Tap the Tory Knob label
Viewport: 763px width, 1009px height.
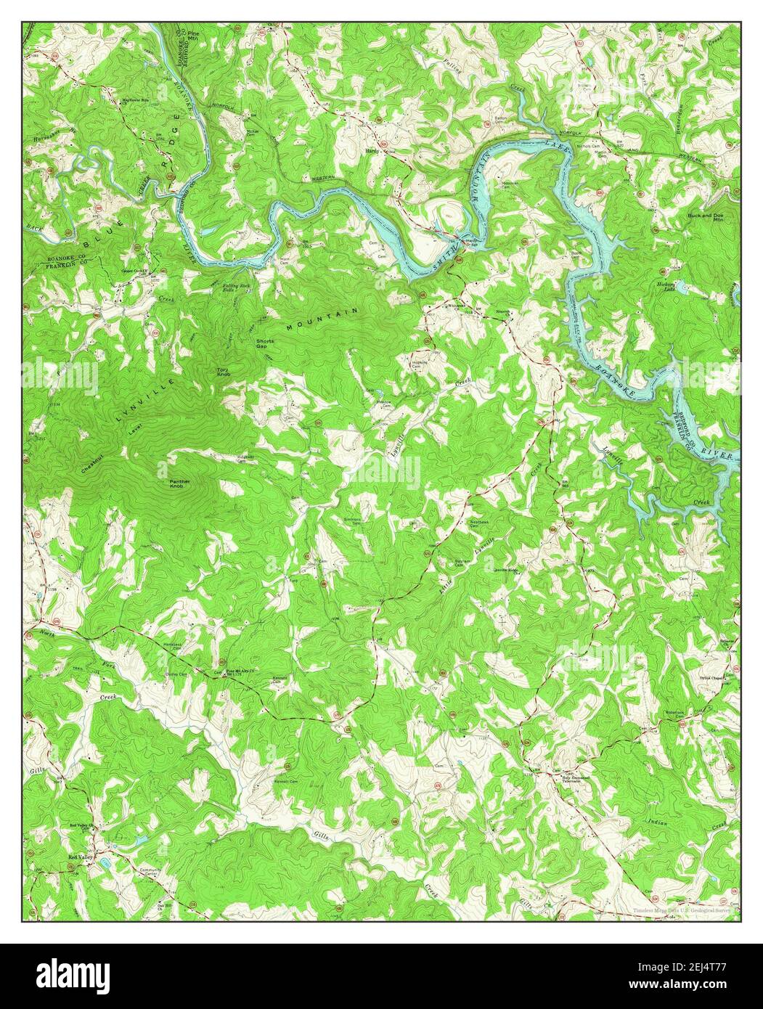[224, 372]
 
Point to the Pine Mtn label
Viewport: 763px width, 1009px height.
[193, 36]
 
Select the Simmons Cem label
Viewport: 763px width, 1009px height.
[353, 520]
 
